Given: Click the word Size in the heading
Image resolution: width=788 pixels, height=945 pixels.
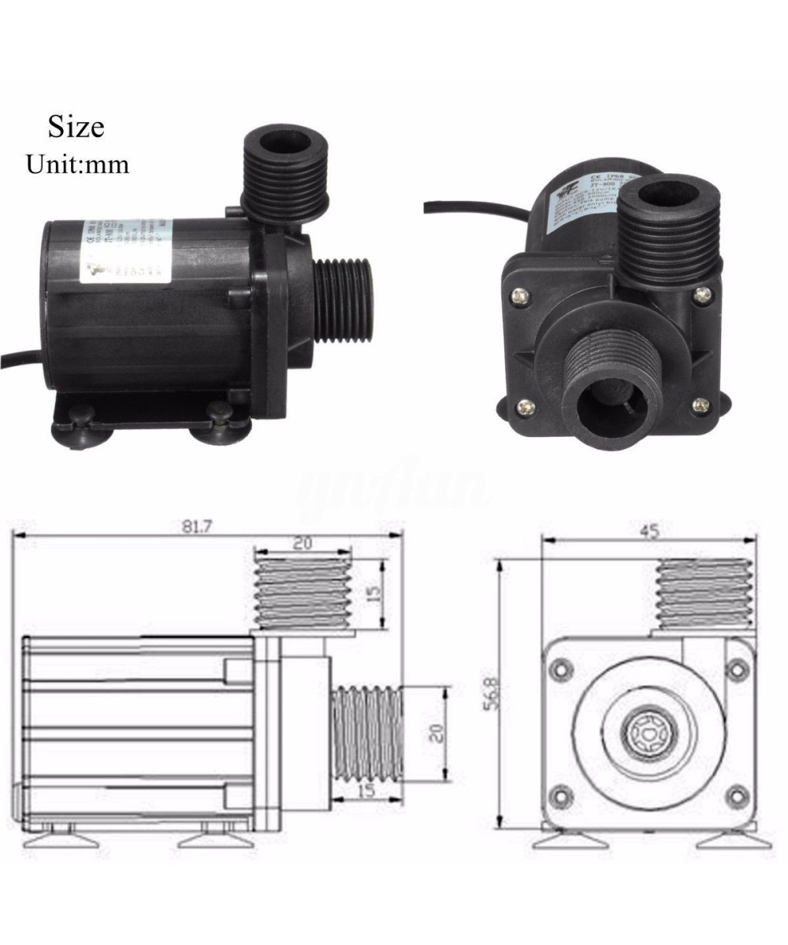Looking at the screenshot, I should click(76, 126).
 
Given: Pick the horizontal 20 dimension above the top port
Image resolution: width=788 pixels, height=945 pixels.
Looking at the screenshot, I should click(303, 543).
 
